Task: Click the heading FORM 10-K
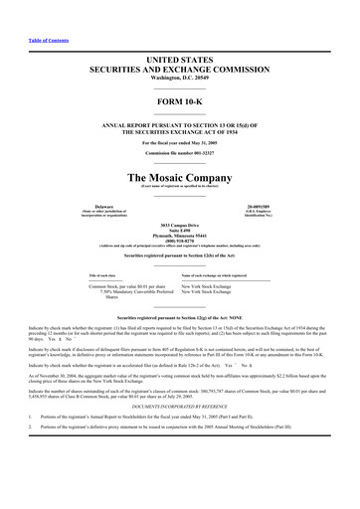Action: tap(179, 101)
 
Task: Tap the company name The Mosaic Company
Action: tap(179, 175)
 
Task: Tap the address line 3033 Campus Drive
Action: tap(179, 228)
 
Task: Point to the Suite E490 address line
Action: tap(179, 234)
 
